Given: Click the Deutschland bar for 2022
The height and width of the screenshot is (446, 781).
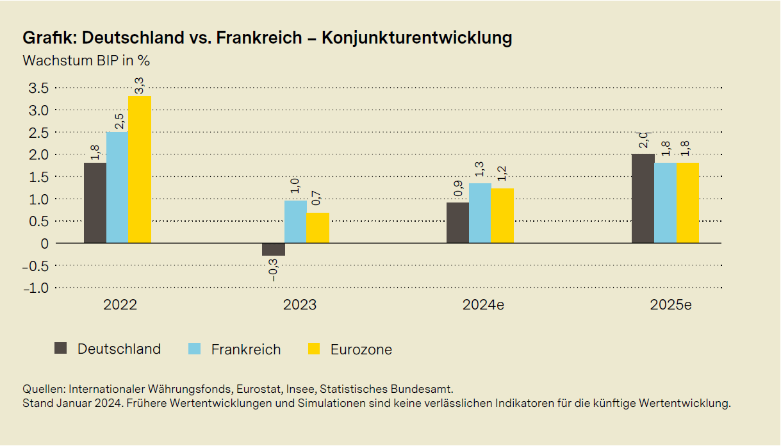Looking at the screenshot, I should (95, 203).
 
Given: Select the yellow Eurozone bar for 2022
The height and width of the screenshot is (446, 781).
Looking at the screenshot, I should (140, 170).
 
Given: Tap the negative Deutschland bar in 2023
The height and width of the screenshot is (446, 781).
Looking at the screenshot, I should (274, 249).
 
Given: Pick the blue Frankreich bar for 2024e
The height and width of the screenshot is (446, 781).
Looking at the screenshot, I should (480, 213).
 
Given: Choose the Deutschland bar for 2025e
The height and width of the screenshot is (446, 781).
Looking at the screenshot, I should (643, 199).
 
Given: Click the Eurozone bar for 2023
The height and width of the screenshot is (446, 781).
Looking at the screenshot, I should (318, 228).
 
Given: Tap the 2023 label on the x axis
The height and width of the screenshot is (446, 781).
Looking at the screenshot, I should (299, 305).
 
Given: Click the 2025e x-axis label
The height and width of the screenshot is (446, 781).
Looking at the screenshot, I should (671, 305).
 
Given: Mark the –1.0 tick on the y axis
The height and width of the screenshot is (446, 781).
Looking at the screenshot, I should (35, 288).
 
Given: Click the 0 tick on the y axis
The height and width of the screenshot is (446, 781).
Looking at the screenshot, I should (44, 244).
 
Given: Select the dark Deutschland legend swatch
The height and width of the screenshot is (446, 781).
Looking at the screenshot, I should (61, 349).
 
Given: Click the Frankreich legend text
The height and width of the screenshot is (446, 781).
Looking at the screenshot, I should (246, 349).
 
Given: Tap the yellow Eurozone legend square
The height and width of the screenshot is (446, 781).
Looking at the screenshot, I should (313, 349).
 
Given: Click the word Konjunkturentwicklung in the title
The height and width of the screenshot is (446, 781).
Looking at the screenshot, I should (416, 38).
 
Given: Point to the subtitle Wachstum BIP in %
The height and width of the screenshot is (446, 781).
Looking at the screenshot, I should (86, 61).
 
